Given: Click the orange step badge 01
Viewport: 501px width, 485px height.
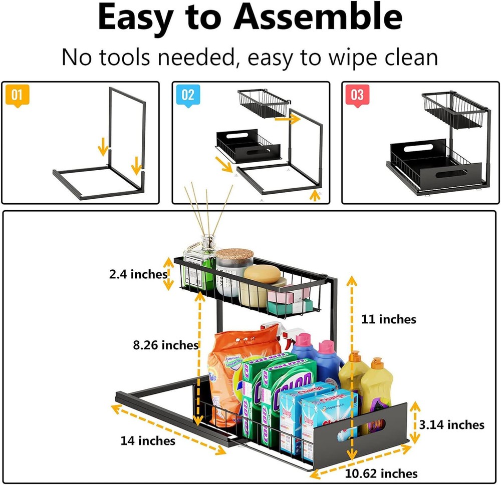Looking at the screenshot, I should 17,95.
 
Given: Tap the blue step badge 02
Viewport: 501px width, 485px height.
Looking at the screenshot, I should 187,95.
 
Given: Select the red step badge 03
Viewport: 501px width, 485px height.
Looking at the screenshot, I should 357,95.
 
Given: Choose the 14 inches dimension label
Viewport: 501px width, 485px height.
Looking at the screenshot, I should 148,440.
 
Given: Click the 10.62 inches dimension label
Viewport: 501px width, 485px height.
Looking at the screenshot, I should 381,473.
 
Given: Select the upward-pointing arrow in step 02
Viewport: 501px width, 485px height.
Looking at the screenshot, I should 315,195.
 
